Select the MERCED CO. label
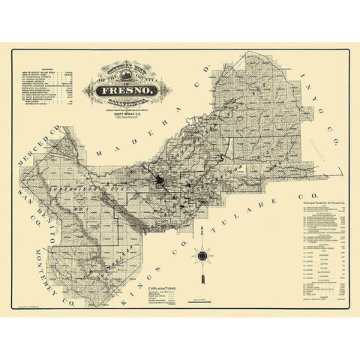tap(42, 143)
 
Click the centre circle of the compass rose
tap(202, 257)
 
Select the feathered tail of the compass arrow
tap(202, 281)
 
